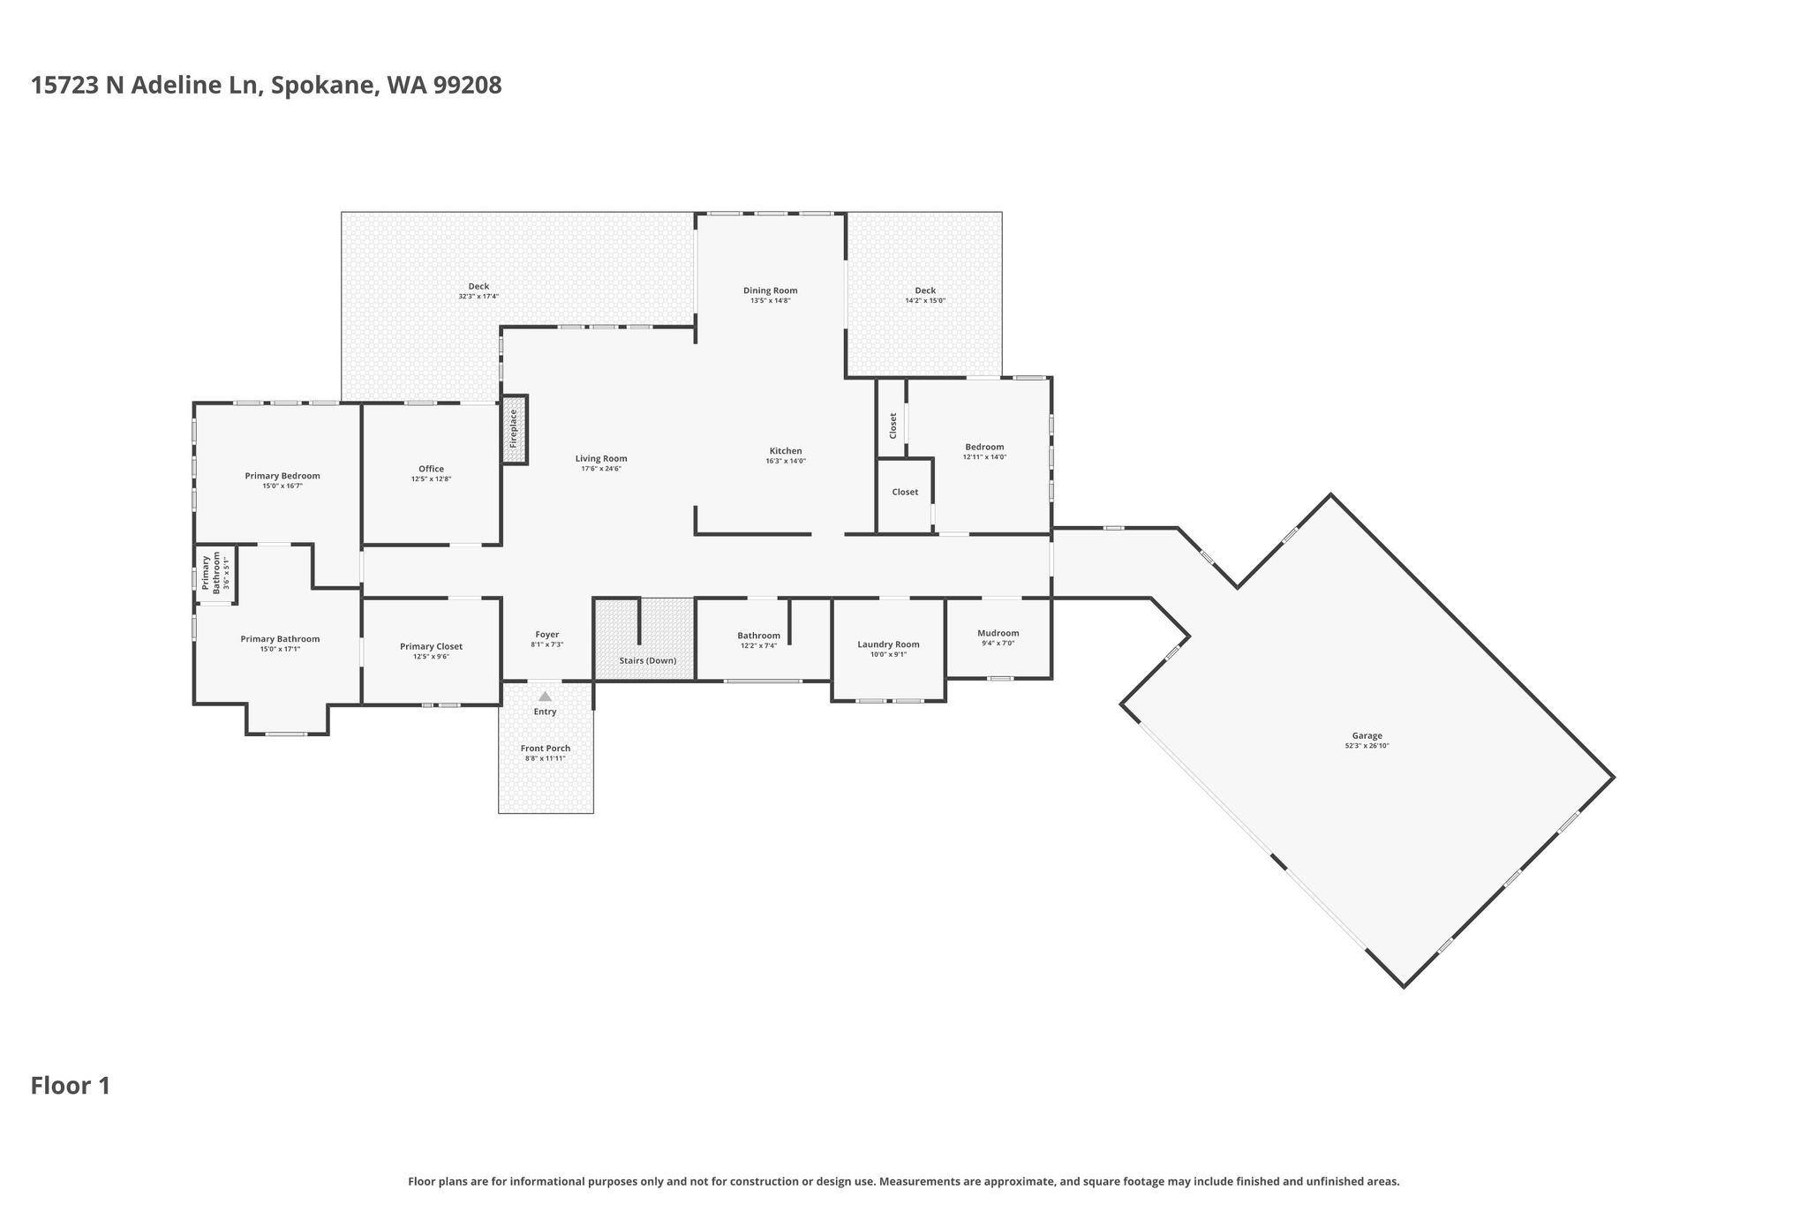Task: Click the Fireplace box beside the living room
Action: click(x=515, y=429)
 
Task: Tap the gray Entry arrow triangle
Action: click(x=545, y=697)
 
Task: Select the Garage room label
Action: click(x=1367, y=735)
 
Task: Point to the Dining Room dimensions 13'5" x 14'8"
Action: click(x=770, y=301)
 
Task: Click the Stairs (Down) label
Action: click(x=648, y=660)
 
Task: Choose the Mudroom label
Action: click(x=998, y=633)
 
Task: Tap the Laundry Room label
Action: click(x=888, y=644)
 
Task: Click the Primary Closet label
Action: click(x=431, y=646)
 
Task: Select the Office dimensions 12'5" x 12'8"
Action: click(x=431, y=479)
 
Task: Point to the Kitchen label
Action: click(x=785, y=451)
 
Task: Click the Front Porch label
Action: click(x=545, y=749)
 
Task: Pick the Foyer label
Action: click(x=546, y=635)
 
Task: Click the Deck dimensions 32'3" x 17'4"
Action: click(x=478, y=297)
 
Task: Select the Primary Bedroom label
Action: click(x=282, y=476)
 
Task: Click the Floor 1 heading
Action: click(x=71, y=1086)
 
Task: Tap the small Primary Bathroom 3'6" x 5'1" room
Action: click(x=215, y=573)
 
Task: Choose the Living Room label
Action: click(x=600, y=458)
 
